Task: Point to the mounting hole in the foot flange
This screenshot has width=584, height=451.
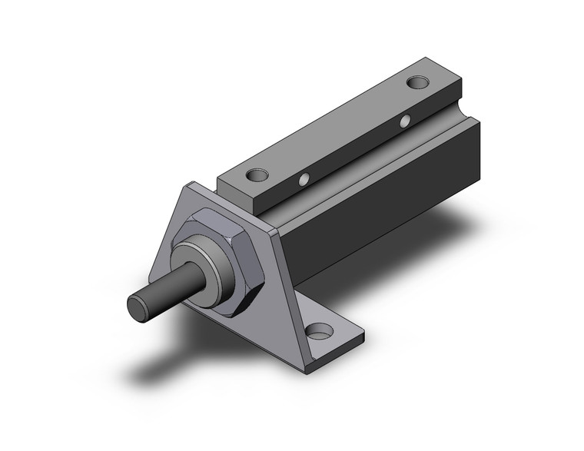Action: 319,332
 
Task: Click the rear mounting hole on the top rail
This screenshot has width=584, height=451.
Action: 418,81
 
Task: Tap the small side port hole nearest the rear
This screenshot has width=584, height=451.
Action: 405,120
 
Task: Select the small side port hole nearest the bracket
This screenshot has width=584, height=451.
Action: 306,180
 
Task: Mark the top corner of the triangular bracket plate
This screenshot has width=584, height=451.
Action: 188,187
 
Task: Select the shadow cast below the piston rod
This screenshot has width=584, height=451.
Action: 161,369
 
